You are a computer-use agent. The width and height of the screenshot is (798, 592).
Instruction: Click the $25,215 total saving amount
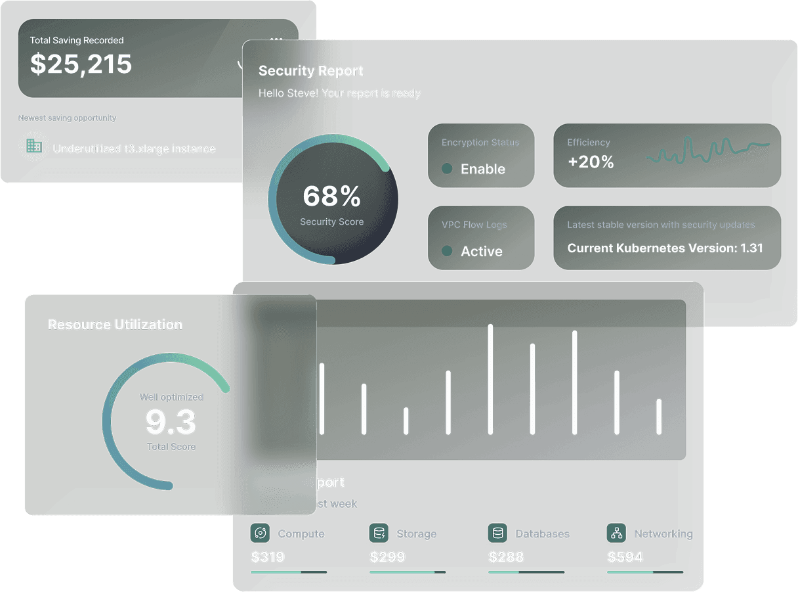(81, 64)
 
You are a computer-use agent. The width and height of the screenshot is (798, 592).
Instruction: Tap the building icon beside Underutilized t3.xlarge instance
(34, 146)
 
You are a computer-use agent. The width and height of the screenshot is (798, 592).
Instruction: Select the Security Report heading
(310, 71)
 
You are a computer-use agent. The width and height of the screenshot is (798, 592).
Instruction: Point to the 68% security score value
(331, 196)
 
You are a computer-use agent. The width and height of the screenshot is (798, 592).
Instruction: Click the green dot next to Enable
(447, 169)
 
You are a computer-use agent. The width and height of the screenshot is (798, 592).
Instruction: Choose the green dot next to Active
(447, 251)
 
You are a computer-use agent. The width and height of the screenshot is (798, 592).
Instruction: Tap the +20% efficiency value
(591, 162)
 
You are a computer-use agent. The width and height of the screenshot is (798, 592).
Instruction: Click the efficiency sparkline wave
(707, 150)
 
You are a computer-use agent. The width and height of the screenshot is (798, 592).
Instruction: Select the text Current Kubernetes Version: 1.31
(665, 248)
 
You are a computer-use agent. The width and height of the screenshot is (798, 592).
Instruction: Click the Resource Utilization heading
(115, 325)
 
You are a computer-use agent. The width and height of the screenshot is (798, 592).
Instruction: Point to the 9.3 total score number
(171, 422)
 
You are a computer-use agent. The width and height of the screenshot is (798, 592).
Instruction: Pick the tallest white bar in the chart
(490, 379)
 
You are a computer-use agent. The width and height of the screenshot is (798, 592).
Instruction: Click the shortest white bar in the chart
(406, 421)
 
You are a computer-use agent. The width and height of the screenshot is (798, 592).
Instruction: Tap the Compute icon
(260, 533)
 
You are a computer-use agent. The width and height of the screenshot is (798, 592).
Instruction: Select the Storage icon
(379, 533)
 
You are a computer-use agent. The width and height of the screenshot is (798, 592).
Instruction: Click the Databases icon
(497, 533)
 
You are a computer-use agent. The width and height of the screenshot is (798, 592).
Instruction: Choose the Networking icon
(616, 533)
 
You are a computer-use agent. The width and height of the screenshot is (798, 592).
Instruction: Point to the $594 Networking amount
(625, 557)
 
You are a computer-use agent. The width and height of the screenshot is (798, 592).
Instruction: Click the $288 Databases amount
(506, 557)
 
